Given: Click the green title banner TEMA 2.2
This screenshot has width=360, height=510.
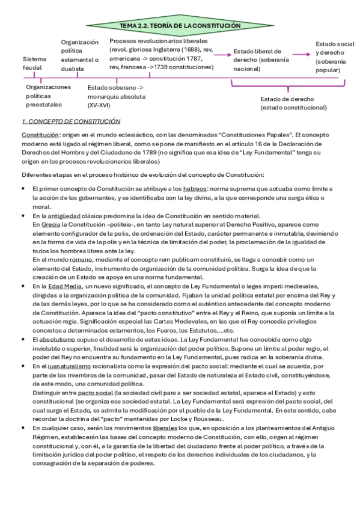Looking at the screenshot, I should pos(180,26).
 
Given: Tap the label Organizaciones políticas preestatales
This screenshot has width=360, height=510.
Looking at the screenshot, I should pos(48,95).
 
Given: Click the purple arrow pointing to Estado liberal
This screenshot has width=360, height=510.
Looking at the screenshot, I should pos(222,55).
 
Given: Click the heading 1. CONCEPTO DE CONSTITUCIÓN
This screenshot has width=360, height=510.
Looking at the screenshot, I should pos(71,121).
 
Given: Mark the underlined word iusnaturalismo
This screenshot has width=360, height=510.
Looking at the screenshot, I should pos(60,365).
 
